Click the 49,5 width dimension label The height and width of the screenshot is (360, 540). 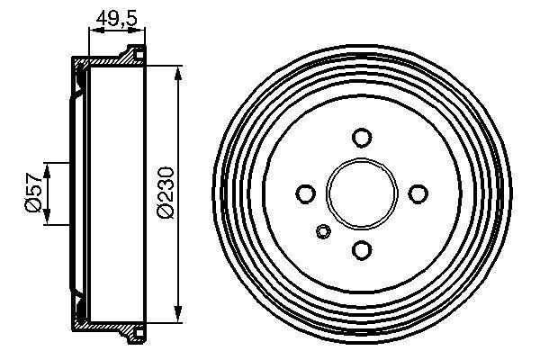(116, 15)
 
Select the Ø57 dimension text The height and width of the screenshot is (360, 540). (32, 193)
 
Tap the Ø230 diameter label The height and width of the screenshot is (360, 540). (165, 193)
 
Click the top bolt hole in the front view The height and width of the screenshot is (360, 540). (362, 138)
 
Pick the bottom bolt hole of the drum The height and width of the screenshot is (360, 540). (362, 249)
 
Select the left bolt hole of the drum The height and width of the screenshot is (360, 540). (306, 193)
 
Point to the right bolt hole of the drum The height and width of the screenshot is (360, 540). (418, 193)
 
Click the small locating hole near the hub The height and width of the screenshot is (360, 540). (323, 233)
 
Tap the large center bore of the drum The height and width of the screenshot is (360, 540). (362, 193)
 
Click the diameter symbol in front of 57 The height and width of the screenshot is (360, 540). (32, 208)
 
